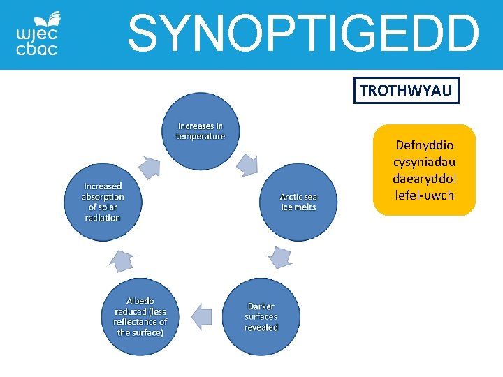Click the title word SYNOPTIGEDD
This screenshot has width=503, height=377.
pos(304,34)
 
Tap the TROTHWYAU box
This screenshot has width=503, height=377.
pos(406,90)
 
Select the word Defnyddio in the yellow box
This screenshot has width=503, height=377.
pos(424,146)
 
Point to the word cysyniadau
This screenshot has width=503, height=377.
pos(424,163)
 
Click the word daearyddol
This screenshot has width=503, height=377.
pos(424,179)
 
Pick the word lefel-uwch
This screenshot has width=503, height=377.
pos(424,195)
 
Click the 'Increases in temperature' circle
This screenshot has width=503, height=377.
pos(201,131)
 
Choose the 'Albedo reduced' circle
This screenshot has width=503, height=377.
pos(140,316)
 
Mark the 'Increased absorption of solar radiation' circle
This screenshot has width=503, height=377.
pos(103,202)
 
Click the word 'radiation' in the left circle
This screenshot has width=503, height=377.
pos(103,218)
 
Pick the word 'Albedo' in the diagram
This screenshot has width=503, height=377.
pos(140,301)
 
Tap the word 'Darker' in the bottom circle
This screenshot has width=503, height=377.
pos(261,306)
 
